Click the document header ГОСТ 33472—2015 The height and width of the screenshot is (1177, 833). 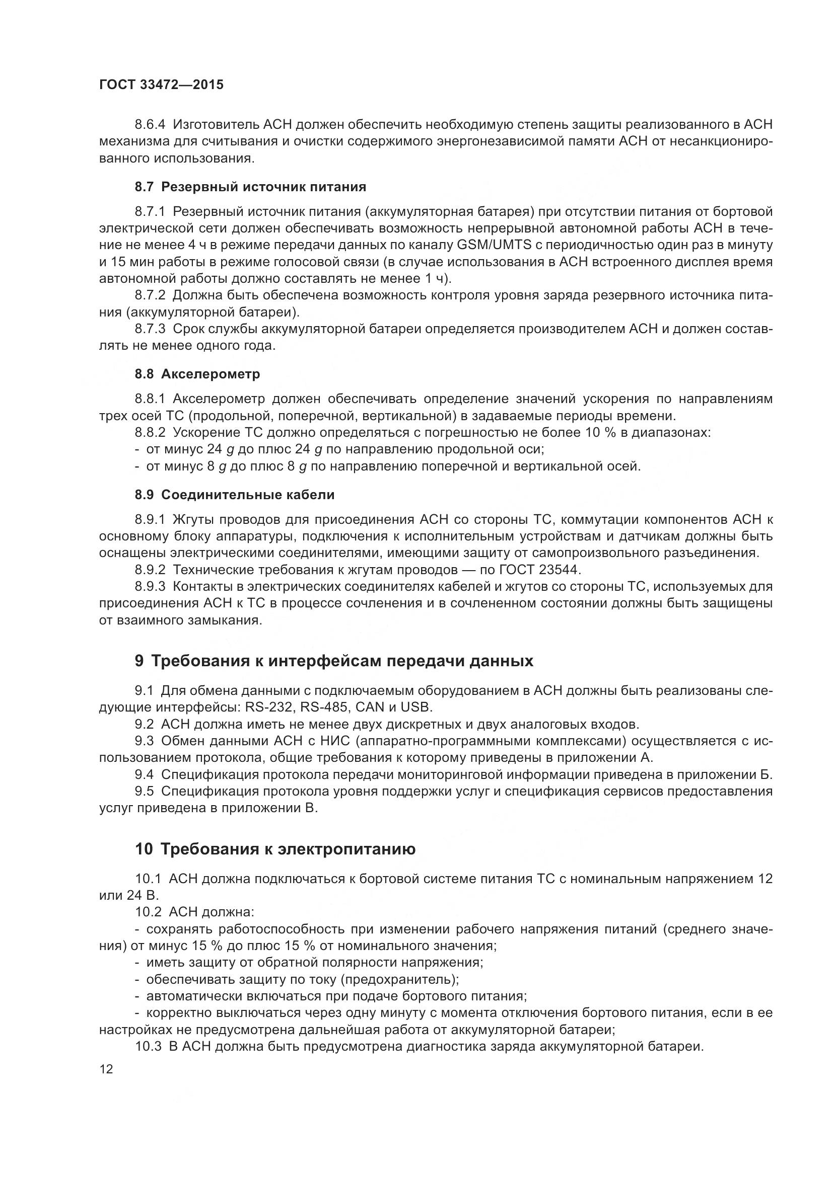(x=161, y=85)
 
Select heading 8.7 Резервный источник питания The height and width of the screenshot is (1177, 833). (x=250, y=187)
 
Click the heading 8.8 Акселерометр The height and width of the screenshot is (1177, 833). (x=197, y=374)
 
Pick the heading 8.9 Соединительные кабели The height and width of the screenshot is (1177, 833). (x=234, y=495)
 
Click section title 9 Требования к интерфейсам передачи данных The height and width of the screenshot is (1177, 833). (x=334, y=661)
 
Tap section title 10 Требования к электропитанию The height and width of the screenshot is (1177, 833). (x=275, y=849)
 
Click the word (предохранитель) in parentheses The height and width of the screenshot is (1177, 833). (x=400, y=980)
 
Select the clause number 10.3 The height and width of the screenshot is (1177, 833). (x=148, y=1047)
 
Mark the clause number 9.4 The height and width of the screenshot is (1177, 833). (x=144, y=774)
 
